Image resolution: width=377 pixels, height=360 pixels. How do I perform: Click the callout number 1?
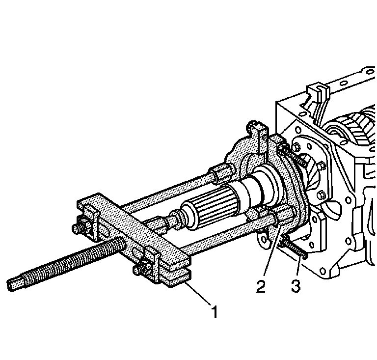pos(215,311)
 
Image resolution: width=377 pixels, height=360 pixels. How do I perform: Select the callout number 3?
pos(296,286)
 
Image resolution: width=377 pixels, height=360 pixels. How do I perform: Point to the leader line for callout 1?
pos(198,293)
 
